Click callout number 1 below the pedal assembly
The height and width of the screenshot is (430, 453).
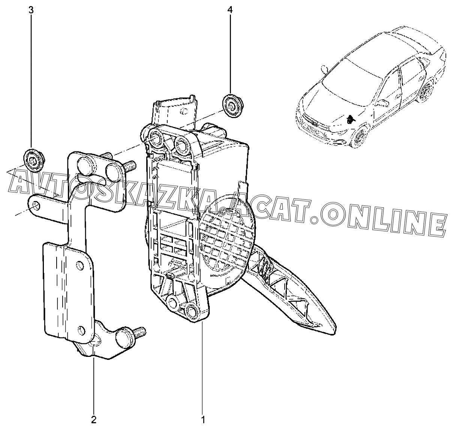(203, 419)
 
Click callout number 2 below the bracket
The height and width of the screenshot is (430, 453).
(94, 419)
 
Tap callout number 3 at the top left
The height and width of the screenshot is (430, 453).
(31, 10)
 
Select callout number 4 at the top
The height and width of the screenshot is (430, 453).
(229, 10)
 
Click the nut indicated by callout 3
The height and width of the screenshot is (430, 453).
(33, 159)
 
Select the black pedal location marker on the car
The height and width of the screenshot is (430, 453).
(351, 119)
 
